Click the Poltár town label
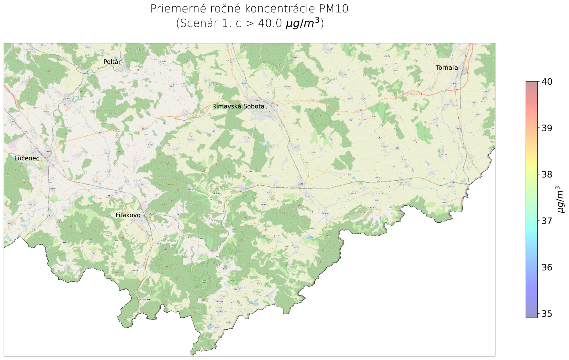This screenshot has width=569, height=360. [x=112, y=62]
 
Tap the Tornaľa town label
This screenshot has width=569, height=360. [x=447, y=68]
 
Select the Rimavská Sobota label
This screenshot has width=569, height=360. [x=238, y=106]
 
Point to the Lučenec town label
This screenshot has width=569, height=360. [x=27, y=158]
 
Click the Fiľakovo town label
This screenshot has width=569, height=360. [x=128, y=215]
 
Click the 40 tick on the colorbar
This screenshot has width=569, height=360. [x=547, y=82]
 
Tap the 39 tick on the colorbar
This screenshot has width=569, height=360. [x=547, y=128]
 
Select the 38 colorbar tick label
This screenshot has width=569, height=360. [x=547, y=174]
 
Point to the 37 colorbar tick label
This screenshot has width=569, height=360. [x=547, y=221]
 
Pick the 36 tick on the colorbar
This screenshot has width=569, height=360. [x=547, y=267]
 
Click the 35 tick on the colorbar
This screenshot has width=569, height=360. [x=547, y=314]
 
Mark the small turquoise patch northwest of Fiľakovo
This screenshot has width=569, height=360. [x=91, y=197]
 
